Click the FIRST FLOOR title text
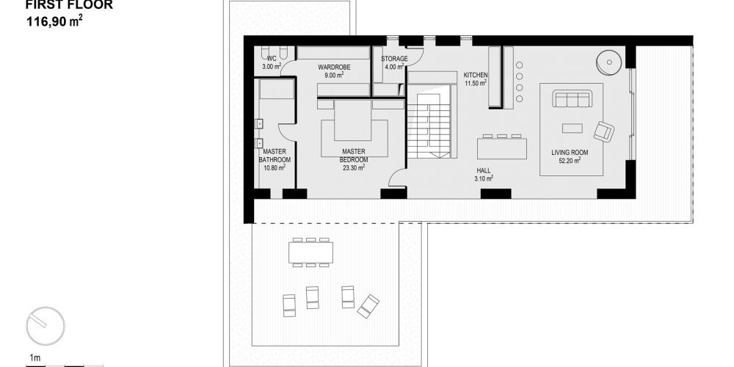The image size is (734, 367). (69, 5)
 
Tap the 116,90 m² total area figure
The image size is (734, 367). (54, 21)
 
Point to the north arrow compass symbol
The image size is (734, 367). (46, 326)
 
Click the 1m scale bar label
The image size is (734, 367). (35, 359)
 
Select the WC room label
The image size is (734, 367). (272, 59)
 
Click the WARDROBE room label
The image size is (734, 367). (334, 68)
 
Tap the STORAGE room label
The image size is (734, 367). (394, 59)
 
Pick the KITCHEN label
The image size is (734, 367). (476, 76)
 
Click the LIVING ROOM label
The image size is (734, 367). (570, 153)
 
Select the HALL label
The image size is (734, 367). (484, 171)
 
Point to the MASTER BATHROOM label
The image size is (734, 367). (275, 156)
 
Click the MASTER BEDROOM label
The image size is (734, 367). (354, 156)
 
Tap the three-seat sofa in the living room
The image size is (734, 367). (572, 99)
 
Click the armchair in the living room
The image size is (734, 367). (604, 131)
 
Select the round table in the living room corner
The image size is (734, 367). (609, 62)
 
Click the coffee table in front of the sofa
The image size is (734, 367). (572, 128)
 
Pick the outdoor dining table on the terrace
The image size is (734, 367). (310, 252)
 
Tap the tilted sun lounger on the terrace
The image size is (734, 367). (368, 306)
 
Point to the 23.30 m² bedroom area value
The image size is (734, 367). (354, 167)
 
